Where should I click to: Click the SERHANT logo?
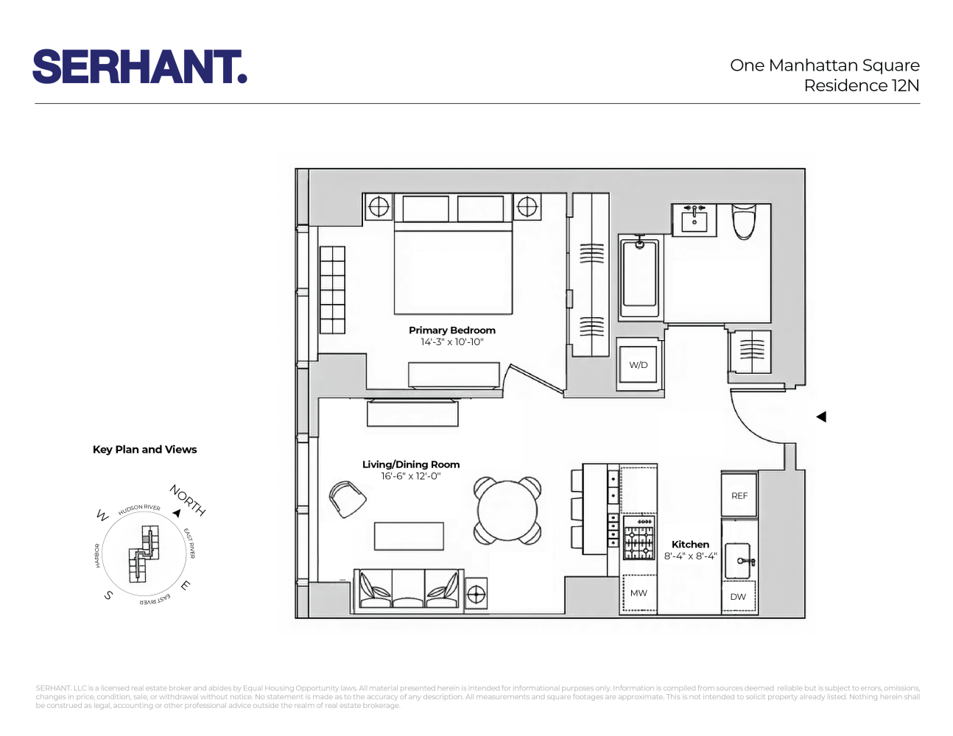pyautogui.click(x=140, y=67)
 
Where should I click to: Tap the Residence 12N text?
pyautogui.click(x=861, y=86)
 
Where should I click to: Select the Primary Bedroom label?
pyautogui.click(x=452, y=330)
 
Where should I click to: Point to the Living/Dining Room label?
pyautogui.click(x=411, y=464)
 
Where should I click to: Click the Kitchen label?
pyautogui.click(x=690, y=545)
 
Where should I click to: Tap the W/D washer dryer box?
pyautogui.click(x=639, y=365)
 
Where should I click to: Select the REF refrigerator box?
pyautogui.click(x=739, y=496)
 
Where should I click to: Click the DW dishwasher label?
pyautogui.click(x=738, y=597)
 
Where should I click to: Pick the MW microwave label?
pyautogui.click(x=639, y=593)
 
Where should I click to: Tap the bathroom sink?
pyautogui.click(x=694, y=219)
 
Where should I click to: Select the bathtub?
pyautogui.click(x=639, y=275)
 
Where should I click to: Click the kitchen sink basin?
pyautogui.click(x=737, y=561)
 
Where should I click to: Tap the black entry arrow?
pyautogui.click(x=821, y=417)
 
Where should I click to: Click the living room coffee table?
pyautogui.click(x=409, y=537)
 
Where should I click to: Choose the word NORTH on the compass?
pyautogui.click(x=188, y=500)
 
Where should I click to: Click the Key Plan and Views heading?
pyautogui.click(x=145, y=450)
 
